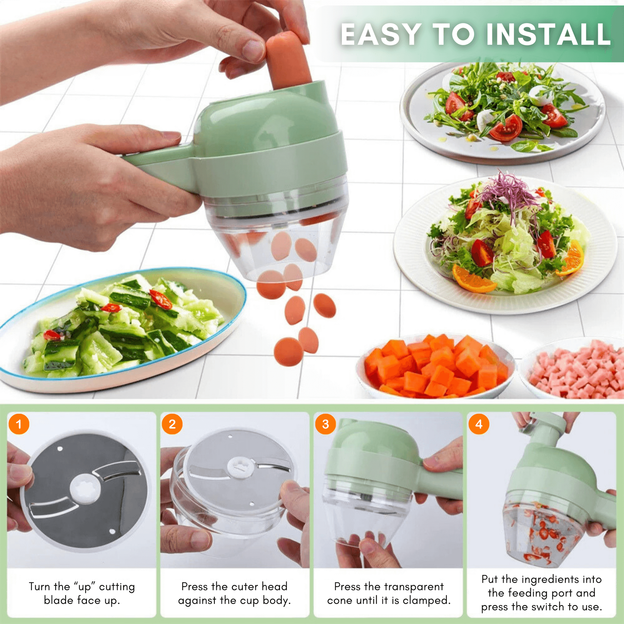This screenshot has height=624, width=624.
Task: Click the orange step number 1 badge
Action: (19, 424)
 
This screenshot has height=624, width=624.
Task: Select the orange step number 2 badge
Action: (172, 424)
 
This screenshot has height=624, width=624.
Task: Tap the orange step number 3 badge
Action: (325, 424)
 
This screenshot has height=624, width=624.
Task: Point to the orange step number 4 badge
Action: (479, 424)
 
